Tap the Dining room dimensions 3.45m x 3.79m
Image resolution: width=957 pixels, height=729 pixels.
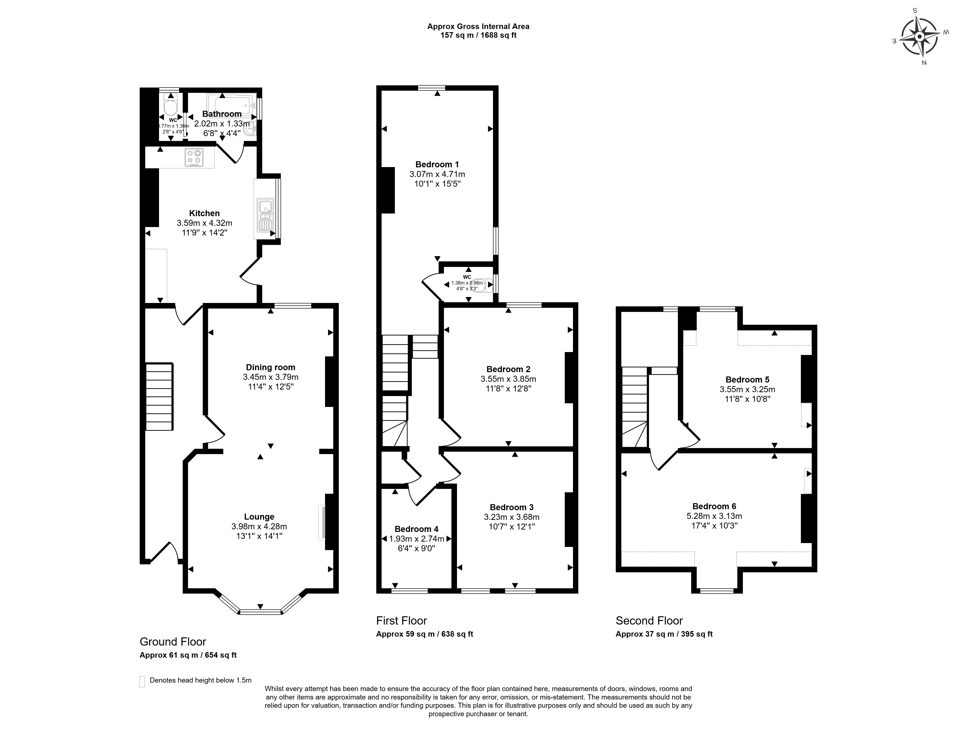[271, 377]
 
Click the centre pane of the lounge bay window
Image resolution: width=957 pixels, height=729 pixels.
[260, 612]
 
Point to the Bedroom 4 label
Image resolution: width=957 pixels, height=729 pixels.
[416, 529]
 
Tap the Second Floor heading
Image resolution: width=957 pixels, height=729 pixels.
[649, 620]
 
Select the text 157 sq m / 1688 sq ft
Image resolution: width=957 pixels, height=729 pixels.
[478, 35]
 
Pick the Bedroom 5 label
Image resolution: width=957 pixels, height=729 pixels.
[747, 380]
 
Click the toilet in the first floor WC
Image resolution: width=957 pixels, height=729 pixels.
[479, 285]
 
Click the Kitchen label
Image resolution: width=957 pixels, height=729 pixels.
[204, 213]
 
